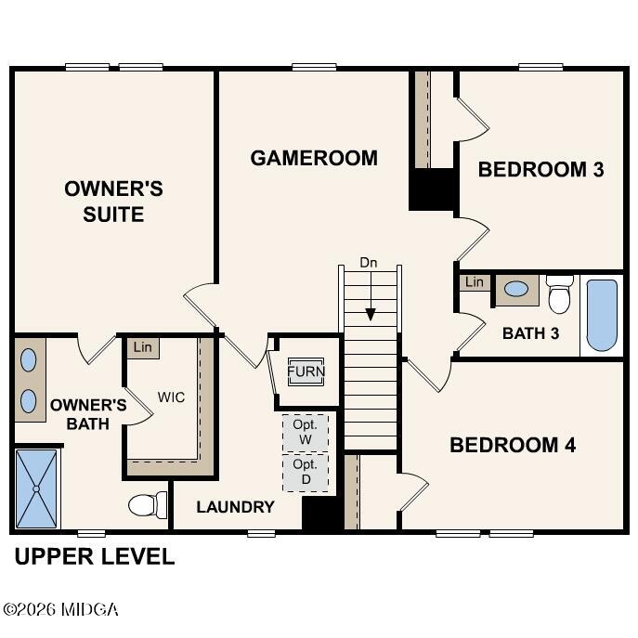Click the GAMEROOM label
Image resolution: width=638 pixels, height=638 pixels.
coord(314,158)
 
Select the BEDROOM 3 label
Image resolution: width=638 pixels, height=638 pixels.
coord(540,169)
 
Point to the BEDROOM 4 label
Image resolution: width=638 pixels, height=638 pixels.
coord(513,445)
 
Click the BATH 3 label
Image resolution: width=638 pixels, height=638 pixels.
coord(530,332)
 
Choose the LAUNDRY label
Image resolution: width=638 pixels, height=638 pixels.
coord(235,507)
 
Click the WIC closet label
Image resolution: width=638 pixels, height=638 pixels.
coord(171,397)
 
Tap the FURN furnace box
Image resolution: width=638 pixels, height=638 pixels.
coord(306,371)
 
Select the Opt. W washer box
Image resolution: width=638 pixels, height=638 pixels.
coord(305,432)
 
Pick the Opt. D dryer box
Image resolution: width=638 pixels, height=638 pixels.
coord(305,471)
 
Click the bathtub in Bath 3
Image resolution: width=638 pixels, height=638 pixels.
coord(602,315)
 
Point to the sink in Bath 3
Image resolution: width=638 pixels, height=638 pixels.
coord(516,289)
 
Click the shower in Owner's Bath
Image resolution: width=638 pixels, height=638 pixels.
coord(37,488)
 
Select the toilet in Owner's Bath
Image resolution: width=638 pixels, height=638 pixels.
coord(147,505)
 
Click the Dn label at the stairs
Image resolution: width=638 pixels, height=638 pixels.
coord(369,263)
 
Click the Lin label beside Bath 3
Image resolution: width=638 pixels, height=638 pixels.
coord(475,281)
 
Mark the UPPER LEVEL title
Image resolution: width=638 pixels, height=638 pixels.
coord(94,557)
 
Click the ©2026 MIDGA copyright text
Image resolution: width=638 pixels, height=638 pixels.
coord(60,610)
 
